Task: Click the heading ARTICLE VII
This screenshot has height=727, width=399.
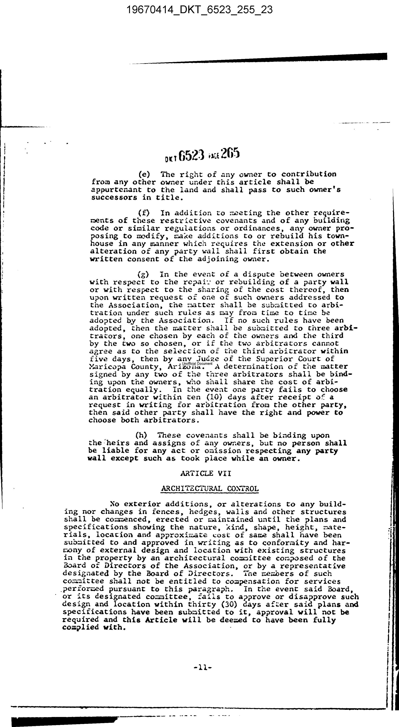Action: [x=206, y=473]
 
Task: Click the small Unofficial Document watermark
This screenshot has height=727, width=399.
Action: [x=197, y=363]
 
